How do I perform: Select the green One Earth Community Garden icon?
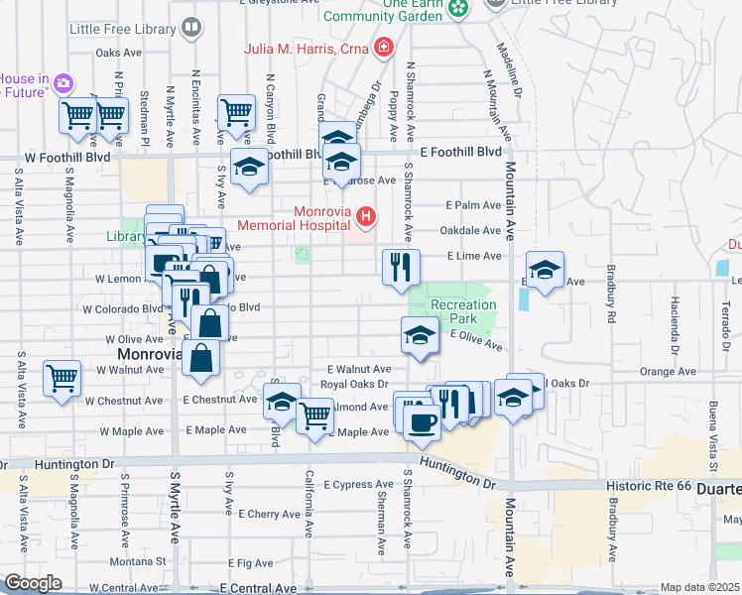pos(458,9)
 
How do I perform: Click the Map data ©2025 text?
pos(699,587)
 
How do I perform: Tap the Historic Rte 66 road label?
pos(646,487)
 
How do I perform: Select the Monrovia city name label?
pos(149,354)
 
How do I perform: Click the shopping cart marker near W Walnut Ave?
pos(62,380)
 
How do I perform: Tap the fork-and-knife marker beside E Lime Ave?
pos(402,267)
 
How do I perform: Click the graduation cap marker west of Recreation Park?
pos(420,335)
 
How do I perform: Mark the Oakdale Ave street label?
pos(471,230)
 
